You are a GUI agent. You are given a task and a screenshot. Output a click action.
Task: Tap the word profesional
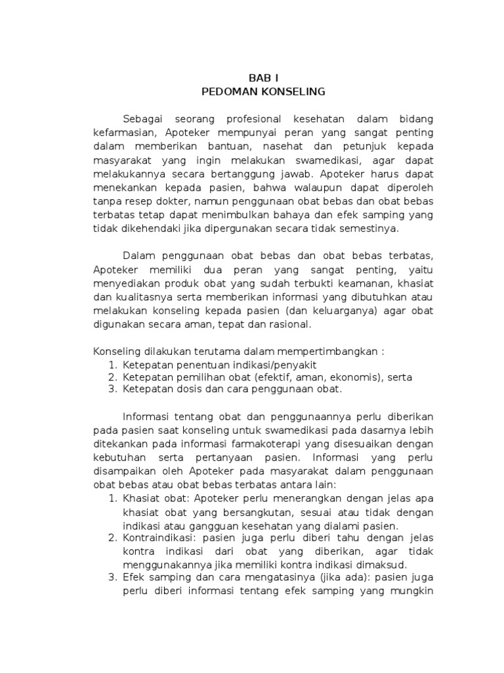pyautogui.click(x=253, y=119)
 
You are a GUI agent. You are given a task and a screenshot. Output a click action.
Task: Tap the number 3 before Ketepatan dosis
pyautogui.click(x=111, y=390)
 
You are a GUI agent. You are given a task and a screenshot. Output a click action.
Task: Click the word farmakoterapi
pyautogui.click(x=248, y=445)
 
